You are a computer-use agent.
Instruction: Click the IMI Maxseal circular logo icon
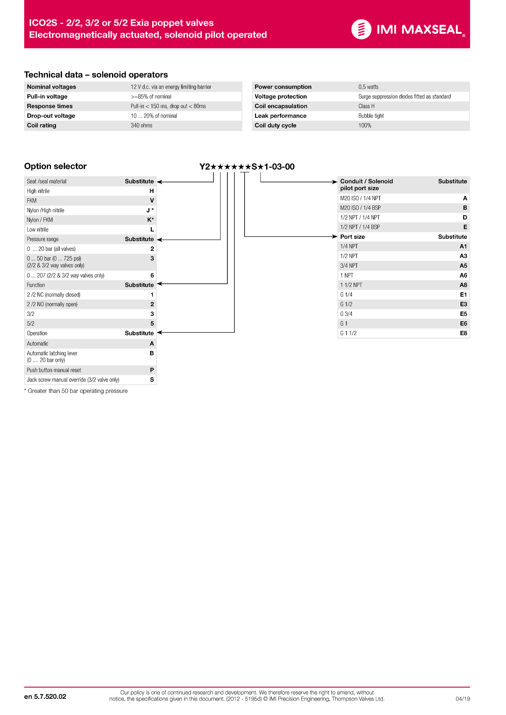coord(361,29)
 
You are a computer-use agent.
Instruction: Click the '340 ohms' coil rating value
coord(141,125)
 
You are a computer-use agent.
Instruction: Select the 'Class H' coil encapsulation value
coord(366,106)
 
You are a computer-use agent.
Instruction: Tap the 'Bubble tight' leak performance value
coord(371,116)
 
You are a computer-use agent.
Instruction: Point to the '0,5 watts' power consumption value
coord(368,87)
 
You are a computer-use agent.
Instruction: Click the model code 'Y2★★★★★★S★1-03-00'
coord(247,167)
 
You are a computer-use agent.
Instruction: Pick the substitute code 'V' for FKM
coord(152,201)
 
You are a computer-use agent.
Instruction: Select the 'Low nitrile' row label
coord(38,230)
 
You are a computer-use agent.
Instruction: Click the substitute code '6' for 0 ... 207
coord(152,275)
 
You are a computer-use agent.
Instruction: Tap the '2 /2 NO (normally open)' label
coord(52,304)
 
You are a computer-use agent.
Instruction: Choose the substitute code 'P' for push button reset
coord(152,370)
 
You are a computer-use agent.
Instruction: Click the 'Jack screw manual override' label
coord(73,380)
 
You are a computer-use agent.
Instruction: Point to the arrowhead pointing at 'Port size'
coord(335,237)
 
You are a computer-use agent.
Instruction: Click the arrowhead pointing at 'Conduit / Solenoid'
coord(335,182)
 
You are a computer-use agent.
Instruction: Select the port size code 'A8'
coord(463,285)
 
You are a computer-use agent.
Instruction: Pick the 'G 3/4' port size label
coord(346,314)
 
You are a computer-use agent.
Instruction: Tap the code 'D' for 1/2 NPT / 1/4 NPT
coord(465,218)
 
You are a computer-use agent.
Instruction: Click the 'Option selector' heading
coord(55,166)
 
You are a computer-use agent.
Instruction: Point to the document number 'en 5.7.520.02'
coord(45,697)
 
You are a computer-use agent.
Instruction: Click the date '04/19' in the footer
coord(462,699)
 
